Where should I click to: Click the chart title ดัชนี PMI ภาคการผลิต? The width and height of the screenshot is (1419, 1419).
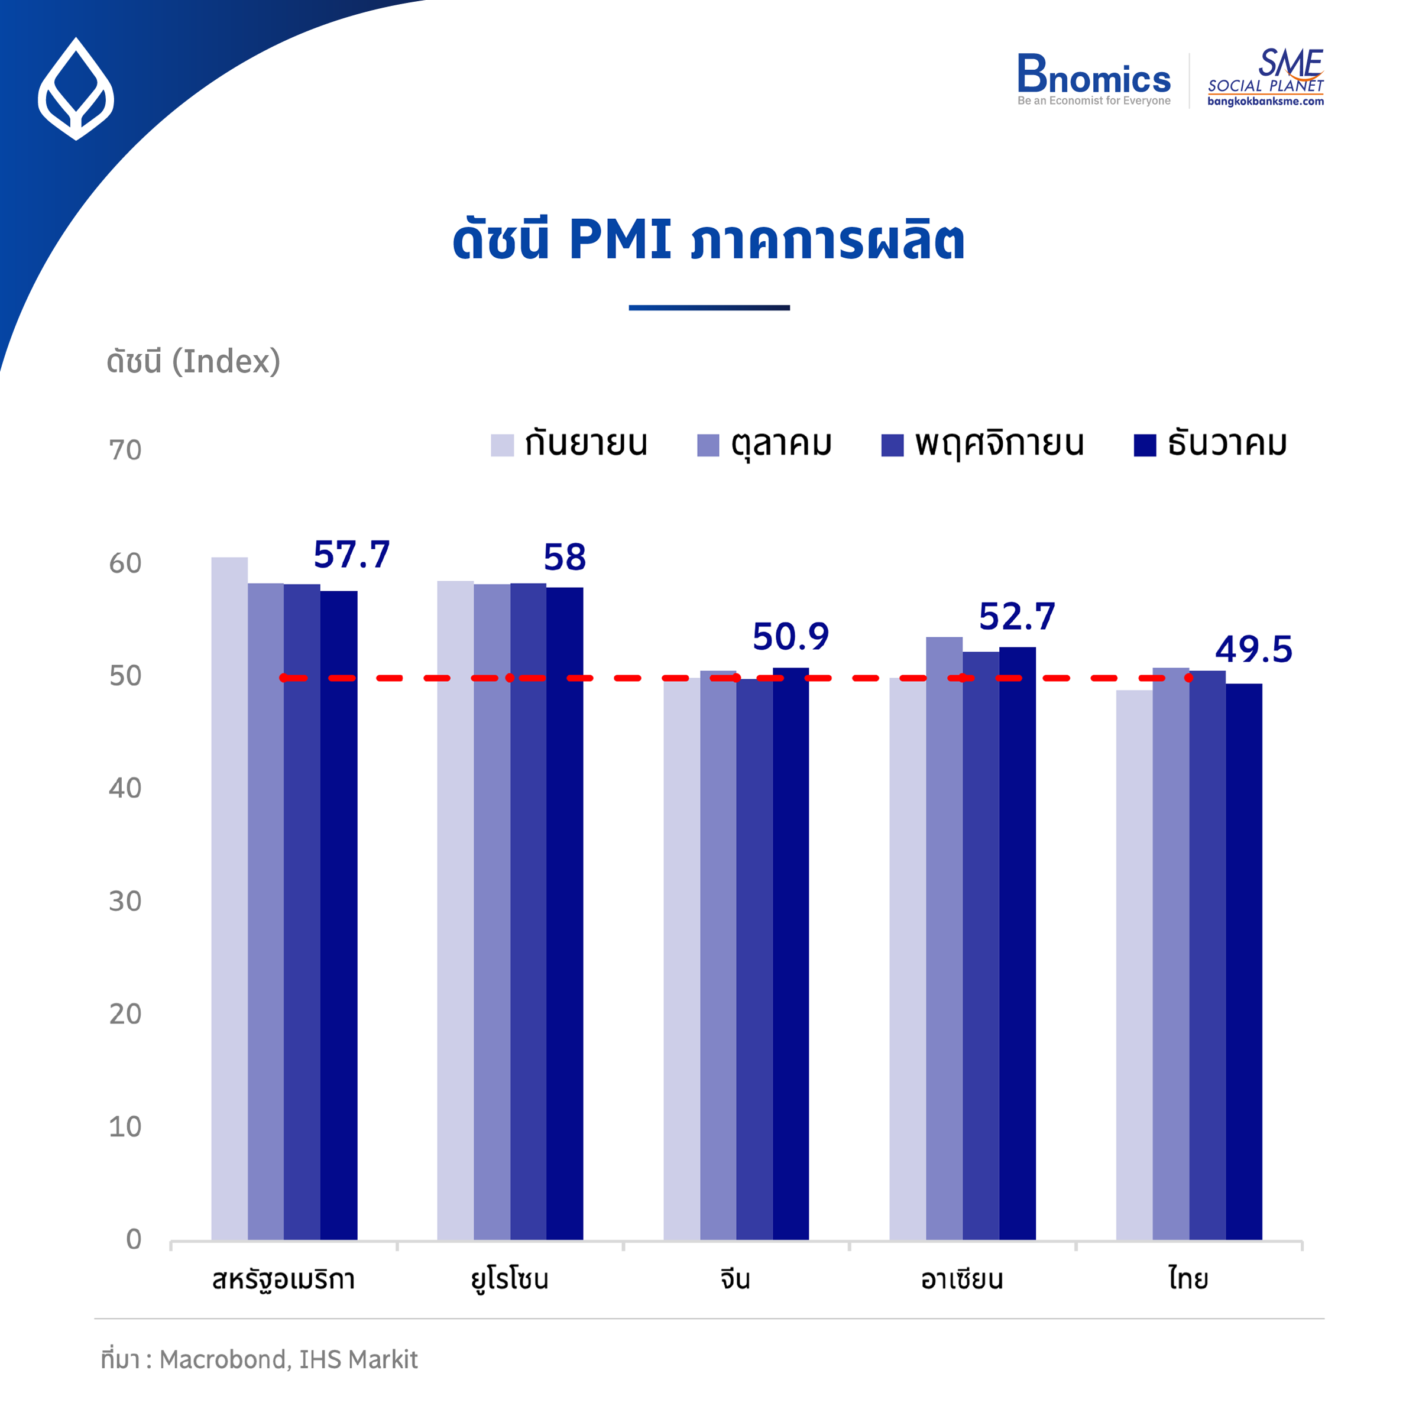pos(708,239)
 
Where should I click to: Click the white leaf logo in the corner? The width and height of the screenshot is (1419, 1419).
pos(76,89)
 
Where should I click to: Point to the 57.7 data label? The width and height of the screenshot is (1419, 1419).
pos(351,555)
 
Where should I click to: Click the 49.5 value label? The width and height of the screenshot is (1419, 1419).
pos(1253,649)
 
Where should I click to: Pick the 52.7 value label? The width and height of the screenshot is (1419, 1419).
pos(1016,617)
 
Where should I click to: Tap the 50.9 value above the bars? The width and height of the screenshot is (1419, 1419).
pos(791,637)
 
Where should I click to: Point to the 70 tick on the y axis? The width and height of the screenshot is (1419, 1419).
pos(125,450)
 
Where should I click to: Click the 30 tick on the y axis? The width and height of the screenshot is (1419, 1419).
pos(125,901)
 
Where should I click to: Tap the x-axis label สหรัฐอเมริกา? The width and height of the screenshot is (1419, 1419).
pos(284,1279)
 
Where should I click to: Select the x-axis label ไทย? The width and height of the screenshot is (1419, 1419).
pos(1188,1279)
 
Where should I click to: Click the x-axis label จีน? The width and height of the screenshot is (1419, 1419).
pos(735,1279)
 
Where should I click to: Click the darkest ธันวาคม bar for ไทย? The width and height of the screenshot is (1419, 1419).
pos(1243,955)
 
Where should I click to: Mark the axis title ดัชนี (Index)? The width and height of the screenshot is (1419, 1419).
pos(193,361)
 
